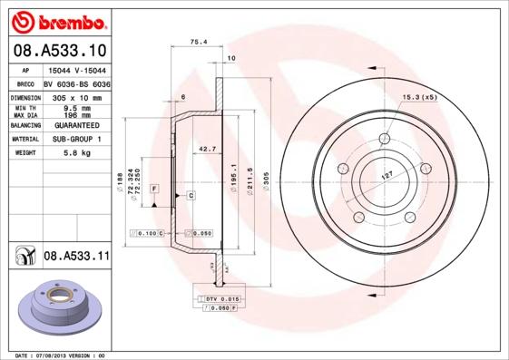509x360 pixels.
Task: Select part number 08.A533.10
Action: (61, 51)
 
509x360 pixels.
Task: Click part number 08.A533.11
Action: (76, 258)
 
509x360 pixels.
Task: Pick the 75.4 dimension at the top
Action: (197, 42)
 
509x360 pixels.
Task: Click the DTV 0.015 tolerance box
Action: (221, 298)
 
